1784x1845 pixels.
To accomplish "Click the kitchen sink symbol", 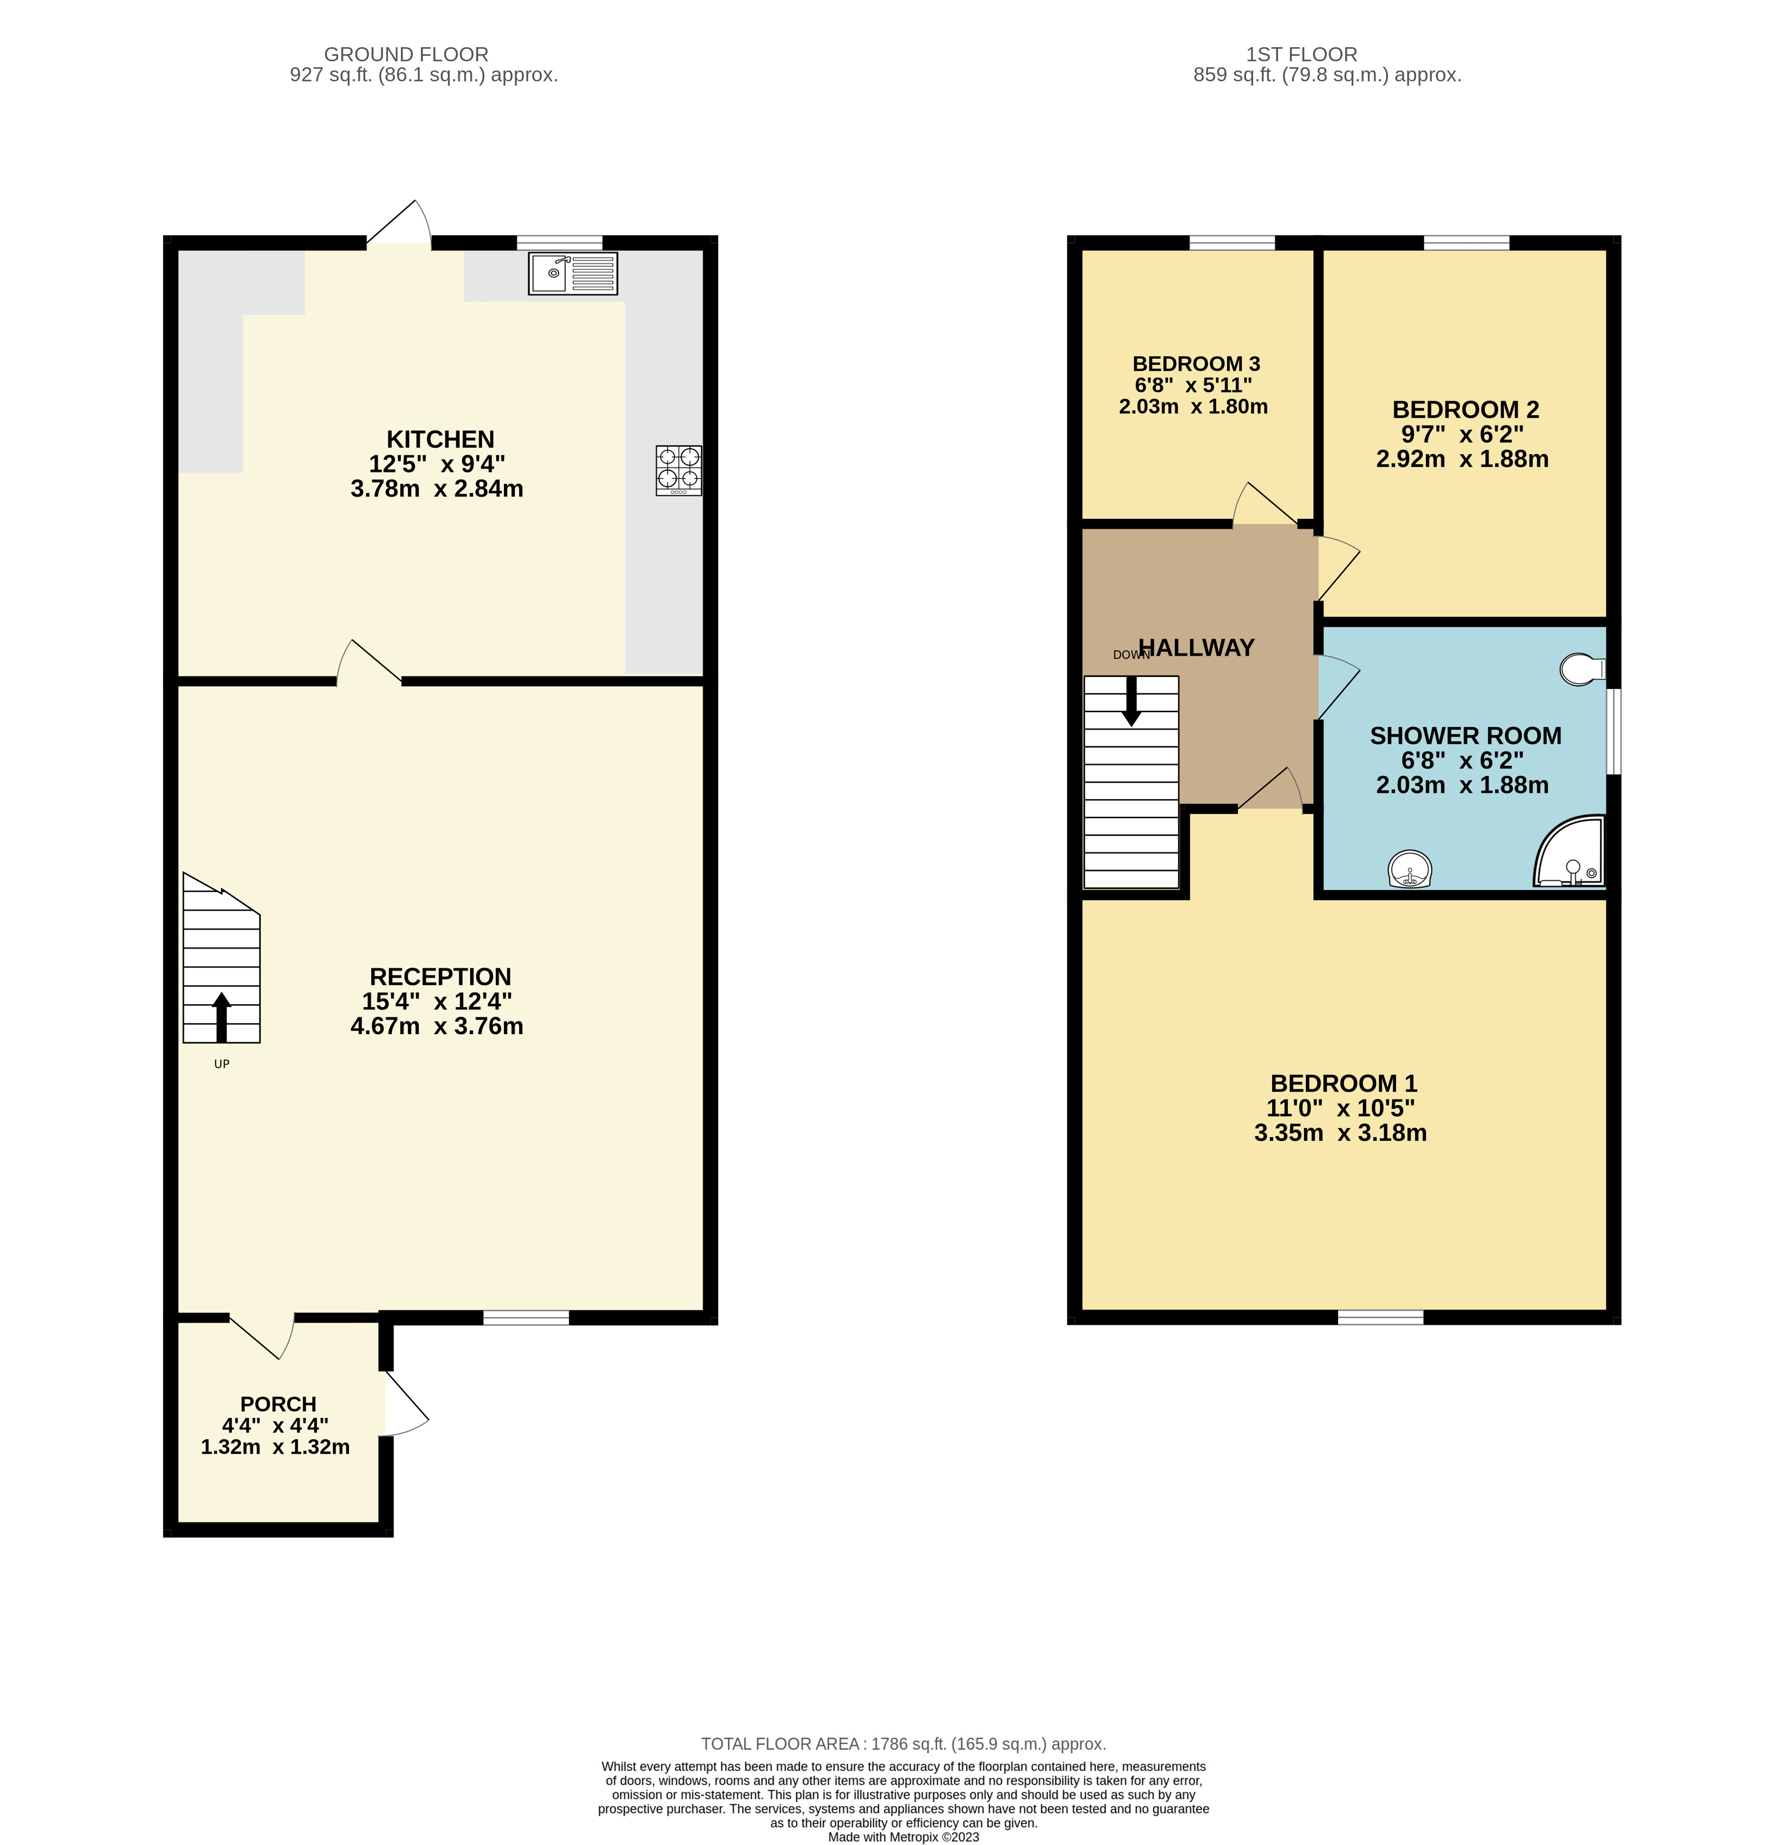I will point(572,274).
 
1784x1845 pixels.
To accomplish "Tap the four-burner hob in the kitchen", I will point(678,470).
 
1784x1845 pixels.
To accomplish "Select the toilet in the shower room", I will point(1582,669).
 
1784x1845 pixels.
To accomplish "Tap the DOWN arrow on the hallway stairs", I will point(1131,701).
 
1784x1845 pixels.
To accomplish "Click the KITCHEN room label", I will point(439,440).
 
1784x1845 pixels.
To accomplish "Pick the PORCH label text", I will point(277,1403).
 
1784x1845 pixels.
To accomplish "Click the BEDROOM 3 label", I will point(1195,363).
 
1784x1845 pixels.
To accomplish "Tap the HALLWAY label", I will point(1196,648).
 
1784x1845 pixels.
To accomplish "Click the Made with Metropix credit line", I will point(903,1836).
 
